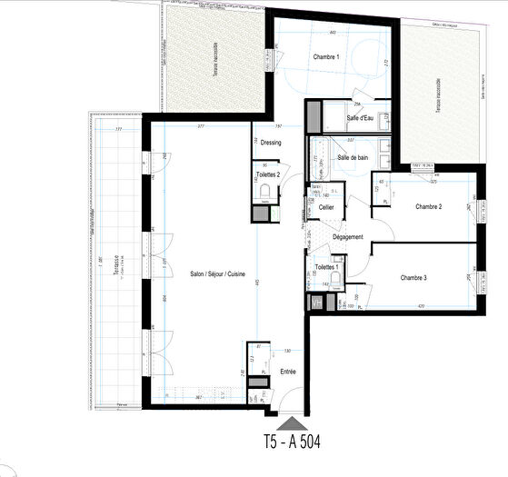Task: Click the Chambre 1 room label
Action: [326, 57]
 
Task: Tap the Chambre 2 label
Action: [428, 207]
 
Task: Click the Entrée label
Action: [287, 371]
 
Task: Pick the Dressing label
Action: [271, 143]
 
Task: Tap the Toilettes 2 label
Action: [266, 174]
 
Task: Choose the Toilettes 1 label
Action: [327, 267]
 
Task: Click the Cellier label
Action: [326, 207]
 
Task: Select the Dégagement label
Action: [348, 237]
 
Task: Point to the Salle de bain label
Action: [353, 158]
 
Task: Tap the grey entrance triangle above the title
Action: [293, 422]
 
